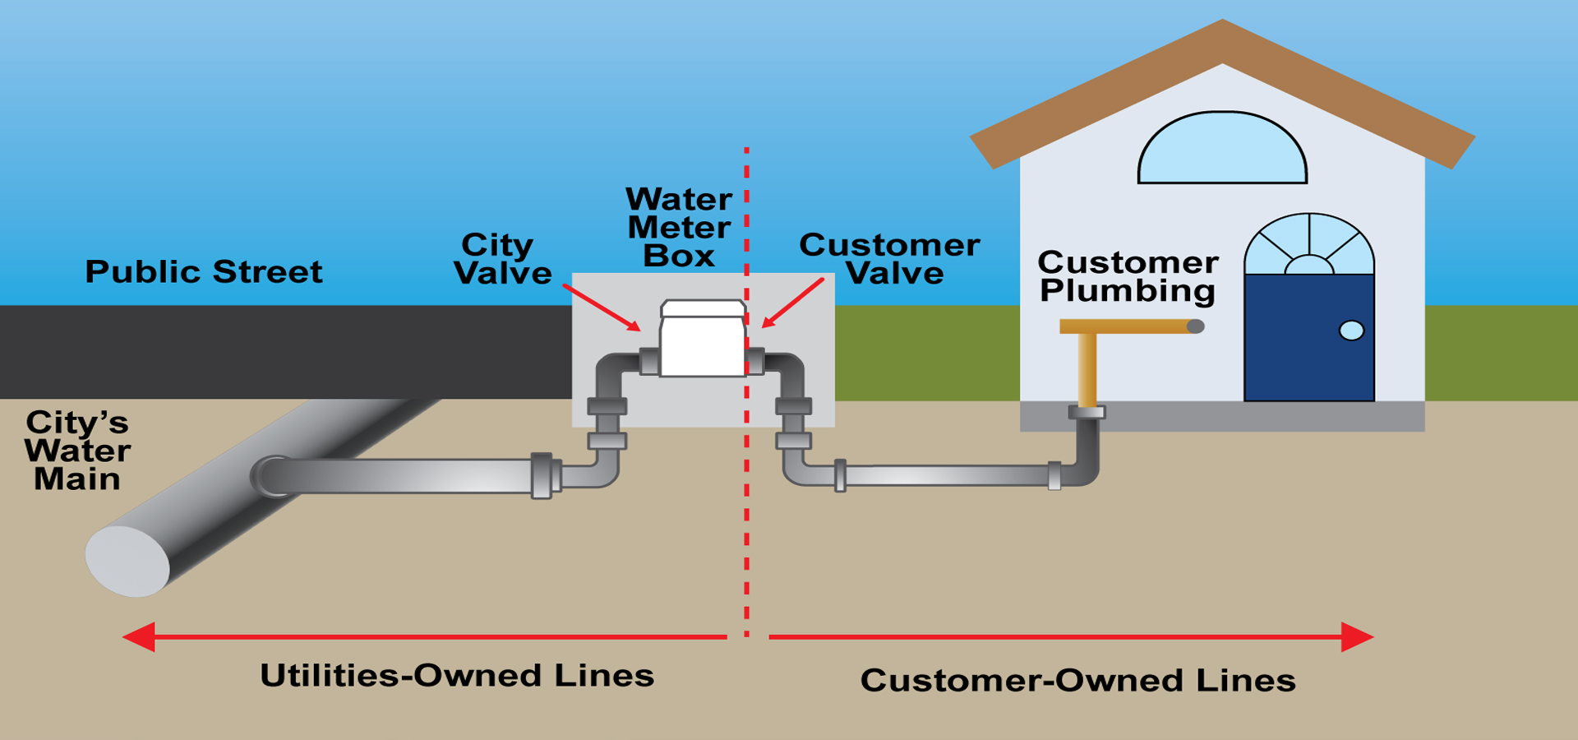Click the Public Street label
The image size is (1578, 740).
(204, 272)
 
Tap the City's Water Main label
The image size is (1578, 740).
(77, 451)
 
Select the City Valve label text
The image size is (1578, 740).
(501, 259)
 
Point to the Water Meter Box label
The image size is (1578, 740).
(679, 228)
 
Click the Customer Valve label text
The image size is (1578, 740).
(890, 259)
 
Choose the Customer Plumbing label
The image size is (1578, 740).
(1128, 277)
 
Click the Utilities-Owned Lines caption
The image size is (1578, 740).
(457, 676)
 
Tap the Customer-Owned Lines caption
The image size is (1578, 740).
(1077, 681)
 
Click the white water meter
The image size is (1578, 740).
(703, 341)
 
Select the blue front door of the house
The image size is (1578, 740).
(1308, 337)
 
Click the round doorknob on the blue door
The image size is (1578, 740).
(1351, 331)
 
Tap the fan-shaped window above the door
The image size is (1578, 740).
(1308, 246)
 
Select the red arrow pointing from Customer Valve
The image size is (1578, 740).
(793, 303)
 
